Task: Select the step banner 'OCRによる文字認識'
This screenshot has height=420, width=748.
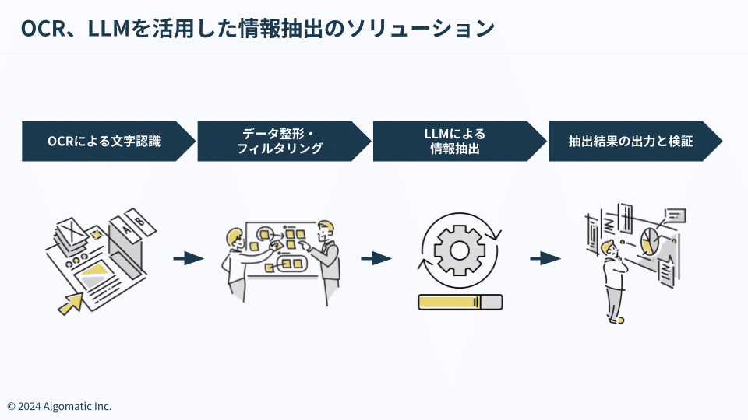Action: click(x=105, y=142)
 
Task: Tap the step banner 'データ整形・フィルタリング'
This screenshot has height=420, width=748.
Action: click(x=280, y=142)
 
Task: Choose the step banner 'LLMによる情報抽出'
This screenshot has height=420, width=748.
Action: click(x=456, y=142)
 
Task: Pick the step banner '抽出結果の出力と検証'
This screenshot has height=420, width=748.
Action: click(x=631, y=142)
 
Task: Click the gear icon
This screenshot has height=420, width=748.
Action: click(x=459, y=249)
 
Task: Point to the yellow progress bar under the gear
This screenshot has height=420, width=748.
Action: click(x=460, y=302)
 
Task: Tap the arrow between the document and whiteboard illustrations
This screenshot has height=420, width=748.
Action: click(x=188, y=258)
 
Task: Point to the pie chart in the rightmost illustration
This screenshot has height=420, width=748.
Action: click(x=651, y=240)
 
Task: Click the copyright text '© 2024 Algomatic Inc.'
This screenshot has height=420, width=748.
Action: click(x=59, y=406)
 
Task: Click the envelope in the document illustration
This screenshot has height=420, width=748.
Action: click(x=72, y=230)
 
